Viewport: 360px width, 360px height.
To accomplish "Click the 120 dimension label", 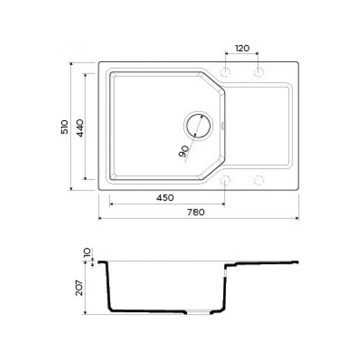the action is (x=242, y=48).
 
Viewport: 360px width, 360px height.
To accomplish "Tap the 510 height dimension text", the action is (x=65, y=127).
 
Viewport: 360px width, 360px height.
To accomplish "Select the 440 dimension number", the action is (x=80, y=128).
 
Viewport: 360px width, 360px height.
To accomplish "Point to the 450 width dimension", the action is (x=165, y=198).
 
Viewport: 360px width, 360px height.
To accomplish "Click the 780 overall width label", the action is (x=196, y=212).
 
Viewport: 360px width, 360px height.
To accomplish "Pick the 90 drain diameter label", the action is (x=184, y=151).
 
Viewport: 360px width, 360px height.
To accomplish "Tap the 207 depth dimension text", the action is (x=80, y=288).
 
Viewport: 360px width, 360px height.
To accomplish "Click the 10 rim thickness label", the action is (x=87, y=253).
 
